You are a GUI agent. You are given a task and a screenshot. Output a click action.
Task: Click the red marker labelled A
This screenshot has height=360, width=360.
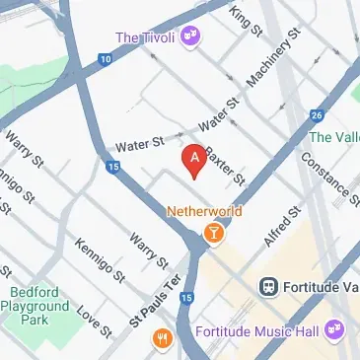coord(194,160)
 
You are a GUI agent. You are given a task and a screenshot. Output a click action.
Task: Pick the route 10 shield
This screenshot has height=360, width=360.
coord(105,60)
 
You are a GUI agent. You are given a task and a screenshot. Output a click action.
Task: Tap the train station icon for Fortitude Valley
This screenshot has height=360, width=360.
coord(267,286)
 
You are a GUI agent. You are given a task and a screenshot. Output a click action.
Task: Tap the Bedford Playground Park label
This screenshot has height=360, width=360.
coord(40,307)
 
